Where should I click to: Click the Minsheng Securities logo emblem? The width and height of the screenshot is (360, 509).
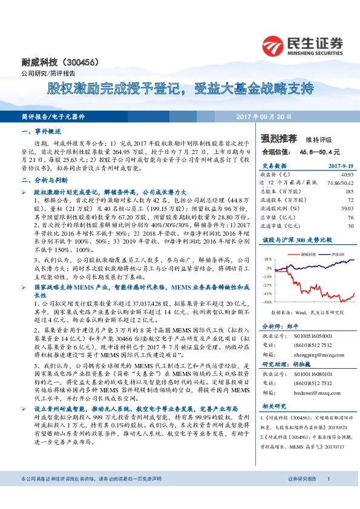tap(273, 45)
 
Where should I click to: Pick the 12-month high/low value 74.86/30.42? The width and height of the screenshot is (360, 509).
tap(340, 182)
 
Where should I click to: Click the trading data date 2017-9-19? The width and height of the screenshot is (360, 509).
tap(340, 165)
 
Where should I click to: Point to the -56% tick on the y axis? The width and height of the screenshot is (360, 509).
tap(267, 300)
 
